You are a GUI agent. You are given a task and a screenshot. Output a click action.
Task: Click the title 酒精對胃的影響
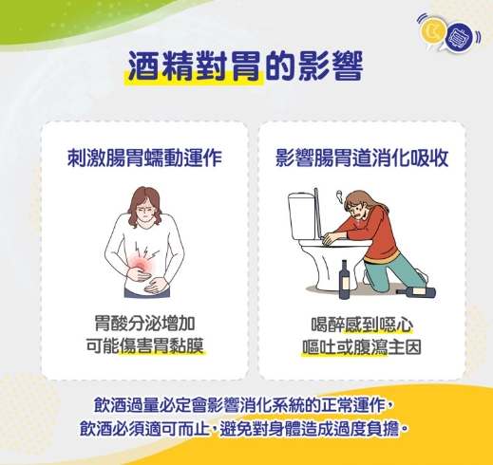click(245, 70)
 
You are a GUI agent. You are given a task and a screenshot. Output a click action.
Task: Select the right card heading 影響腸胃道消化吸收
click(360, 156)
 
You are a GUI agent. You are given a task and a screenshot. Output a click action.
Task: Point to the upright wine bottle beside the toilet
click(344, 278)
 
